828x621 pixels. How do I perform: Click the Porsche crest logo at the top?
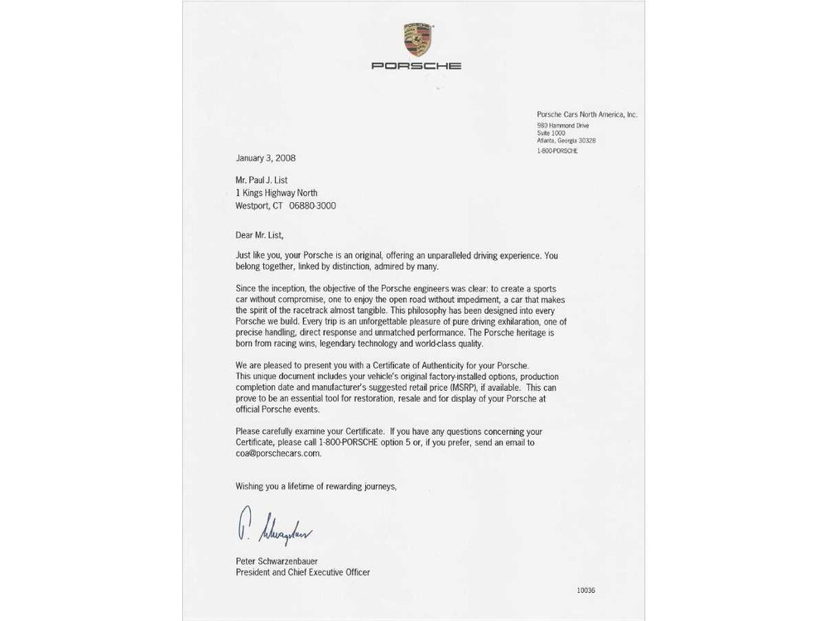(x=417, y=40)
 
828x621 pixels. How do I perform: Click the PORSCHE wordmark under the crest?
(x=416, y=65)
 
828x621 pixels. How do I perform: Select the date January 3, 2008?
(x=265, y=158)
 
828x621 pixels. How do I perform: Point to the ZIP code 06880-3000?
(x=312, y=206)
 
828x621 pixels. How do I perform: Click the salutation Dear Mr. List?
(x=259, y=235)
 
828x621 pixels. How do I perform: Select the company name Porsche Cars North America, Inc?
(x=587, y=115)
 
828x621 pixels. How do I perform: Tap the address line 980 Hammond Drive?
(x=563, y=126)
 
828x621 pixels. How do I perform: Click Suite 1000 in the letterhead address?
(x=551, y=133)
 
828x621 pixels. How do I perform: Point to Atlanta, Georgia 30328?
(x=566, y=141)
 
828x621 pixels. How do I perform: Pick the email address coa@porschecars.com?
(x=278, y=454)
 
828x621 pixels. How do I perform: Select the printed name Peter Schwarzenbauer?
(x=277, y=561)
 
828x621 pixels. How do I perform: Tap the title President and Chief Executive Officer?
(x=302, y=572)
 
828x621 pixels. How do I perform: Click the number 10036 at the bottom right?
(x=585, y=590)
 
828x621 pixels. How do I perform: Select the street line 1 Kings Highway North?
(x=277, y=193)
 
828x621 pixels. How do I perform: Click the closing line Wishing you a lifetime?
(x=315, y=487)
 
